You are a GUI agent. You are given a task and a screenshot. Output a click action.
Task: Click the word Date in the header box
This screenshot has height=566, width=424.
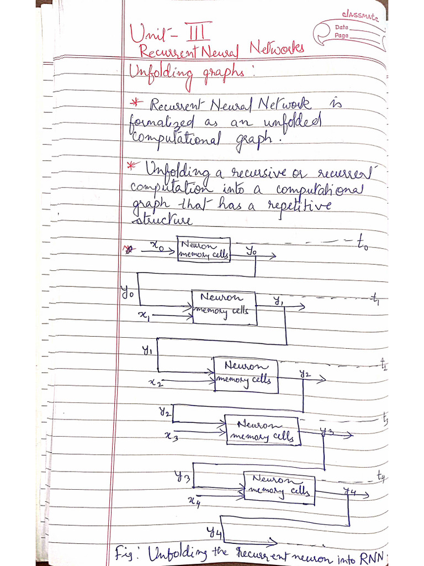(341, 27)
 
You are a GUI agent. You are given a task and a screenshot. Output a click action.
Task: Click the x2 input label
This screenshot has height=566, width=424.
(157, 382)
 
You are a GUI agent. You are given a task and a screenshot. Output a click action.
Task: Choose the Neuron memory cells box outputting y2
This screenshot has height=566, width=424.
(246, 374)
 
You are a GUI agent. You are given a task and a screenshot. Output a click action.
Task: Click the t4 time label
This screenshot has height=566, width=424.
(381, 476)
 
